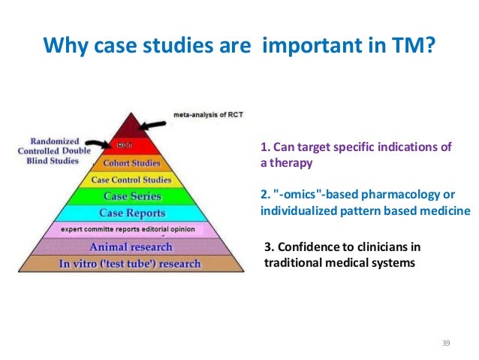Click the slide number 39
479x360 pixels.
click(x=446, y=343)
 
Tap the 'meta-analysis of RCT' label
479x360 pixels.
click(x=214, y=115)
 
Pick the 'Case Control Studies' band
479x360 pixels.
click(x=131, y=180)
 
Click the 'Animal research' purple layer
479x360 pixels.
click(x=131, y=247)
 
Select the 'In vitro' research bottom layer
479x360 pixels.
click(x=131, y=264)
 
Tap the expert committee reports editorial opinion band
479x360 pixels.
click(x=128, y=228)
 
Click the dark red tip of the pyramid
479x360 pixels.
click(x=131, y=126)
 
